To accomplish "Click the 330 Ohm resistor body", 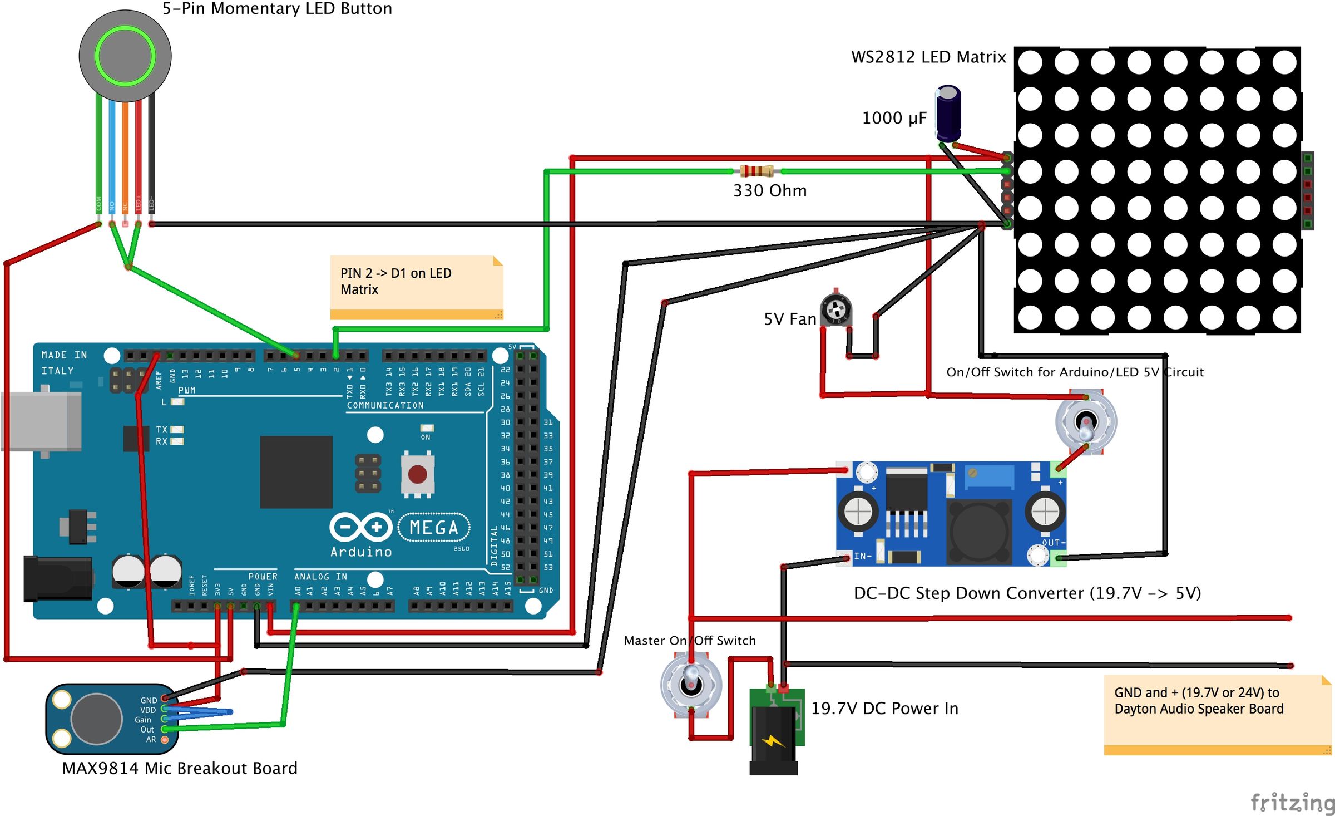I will (756, 171).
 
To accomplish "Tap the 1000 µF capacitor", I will (948, 113).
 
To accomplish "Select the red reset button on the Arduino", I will (417, 475).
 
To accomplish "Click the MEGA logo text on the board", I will (434, 528).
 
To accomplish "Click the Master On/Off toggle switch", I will (691, 684).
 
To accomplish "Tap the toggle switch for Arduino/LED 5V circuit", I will (1086, 422).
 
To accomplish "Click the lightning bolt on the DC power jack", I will (774, 741).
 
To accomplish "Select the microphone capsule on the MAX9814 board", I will (96, 719).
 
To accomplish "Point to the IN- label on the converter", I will (863, 556).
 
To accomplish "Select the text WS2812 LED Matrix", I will (928, 57).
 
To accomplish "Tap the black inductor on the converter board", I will (979, 532).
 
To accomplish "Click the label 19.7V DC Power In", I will (884, 709).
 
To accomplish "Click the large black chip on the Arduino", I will (296, 472).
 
